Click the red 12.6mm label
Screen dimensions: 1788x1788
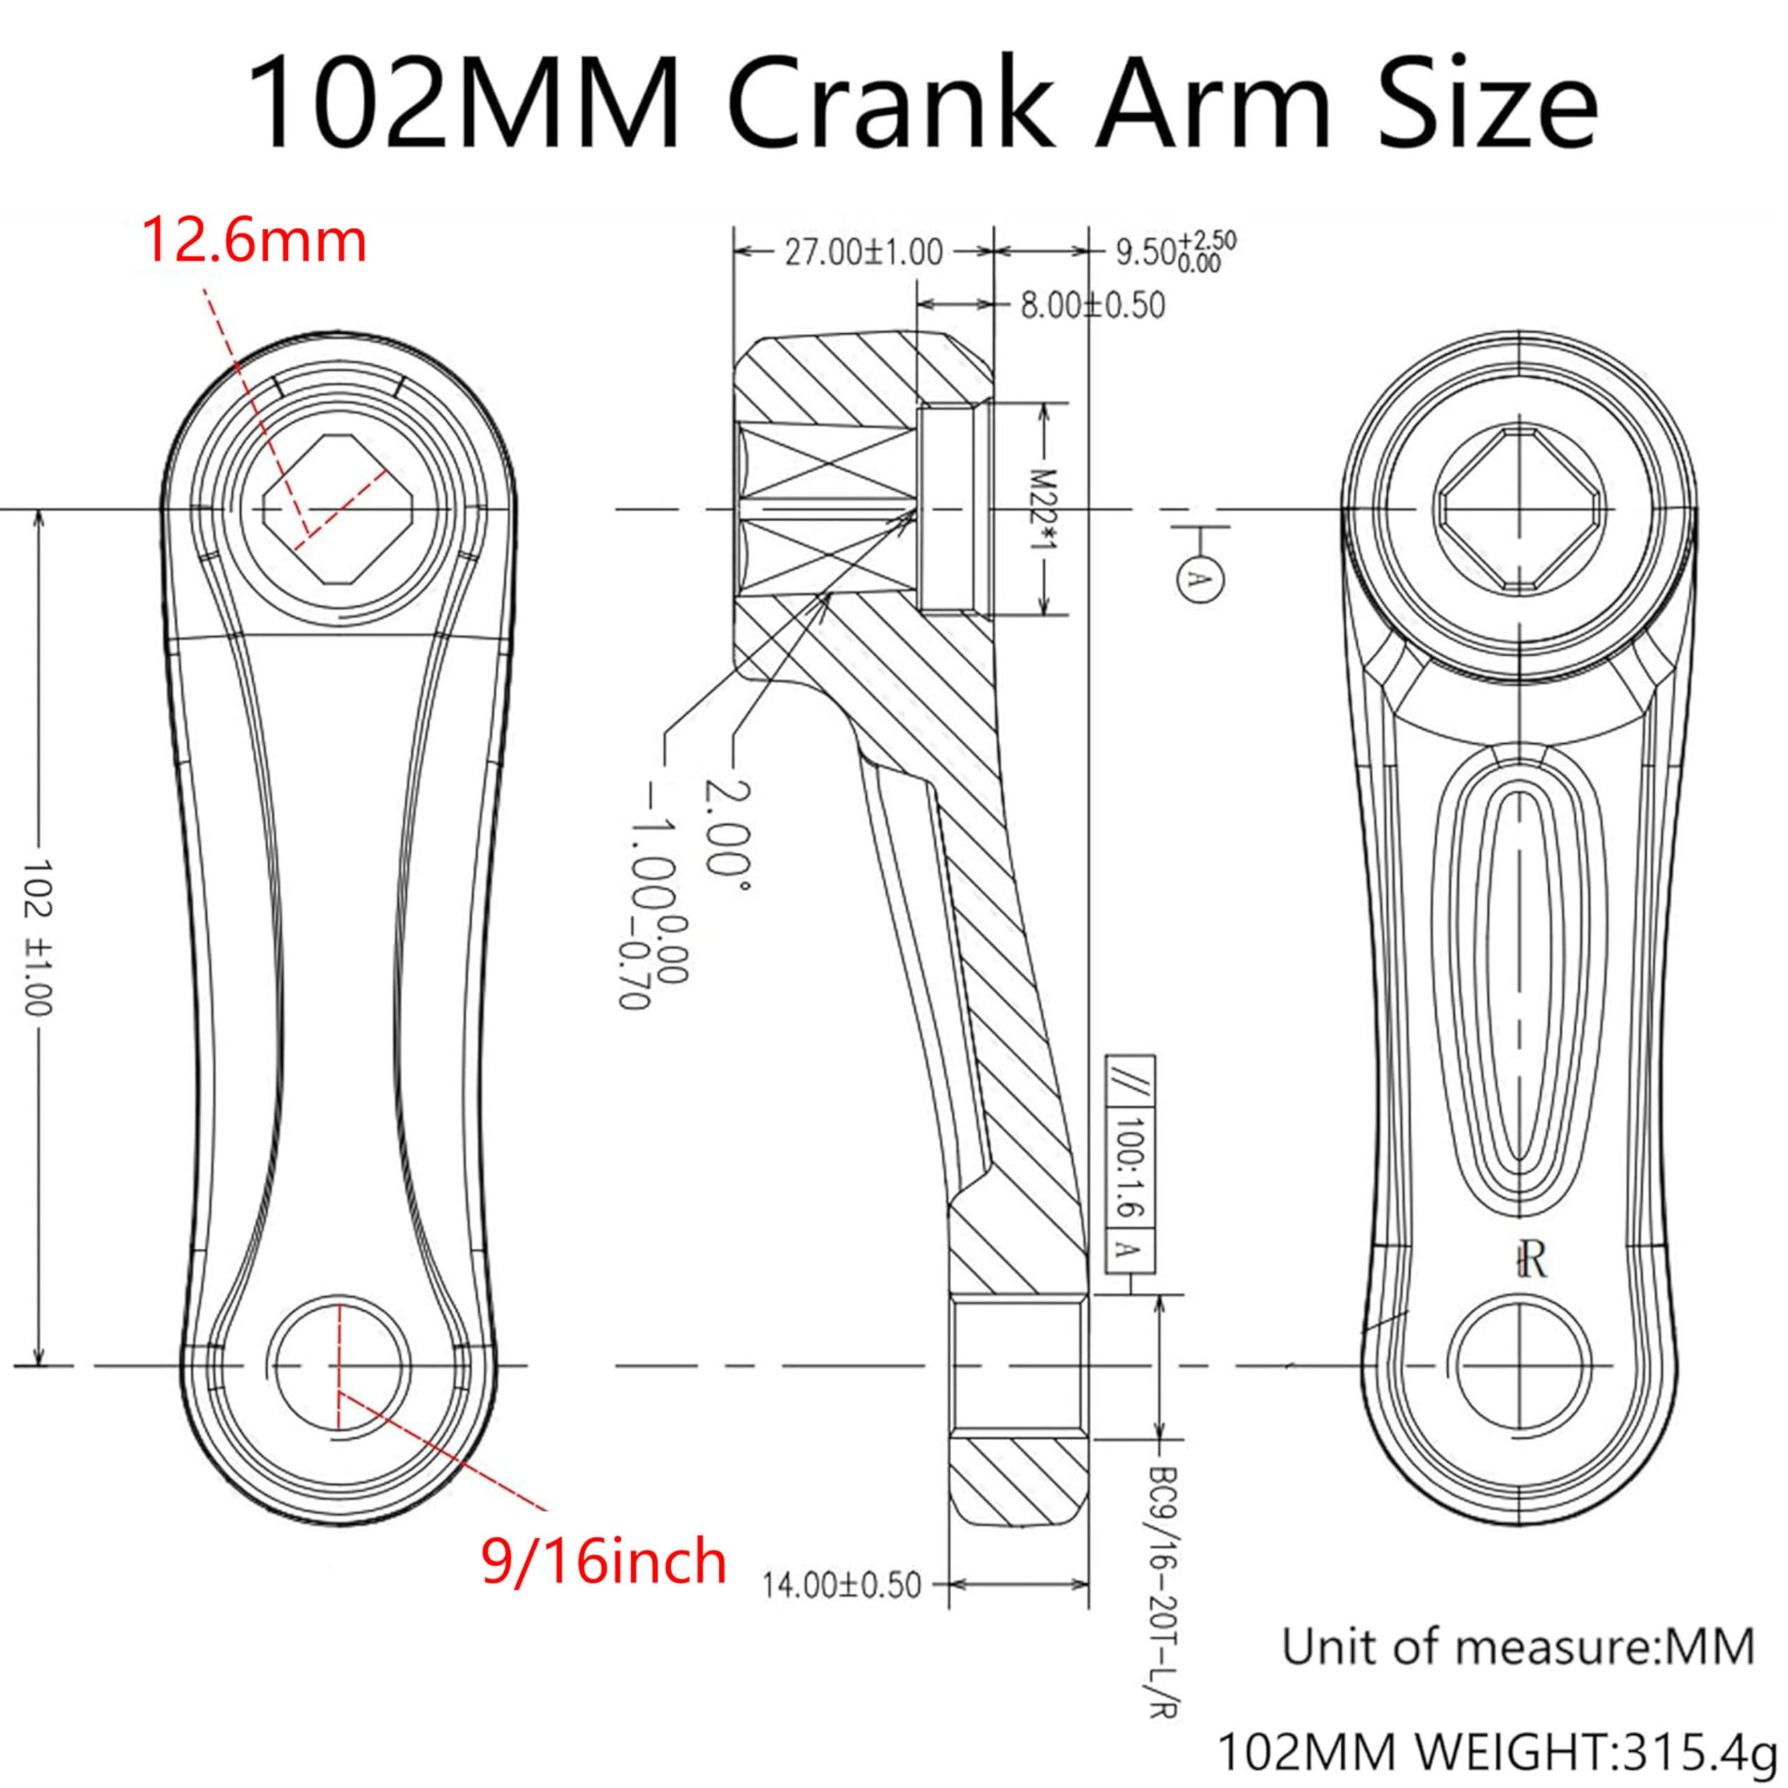[254, 242]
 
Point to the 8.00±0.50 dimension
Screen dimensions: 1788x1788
[1092, 305]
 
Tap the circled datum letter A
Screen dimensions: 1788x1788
[1199, 578]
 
